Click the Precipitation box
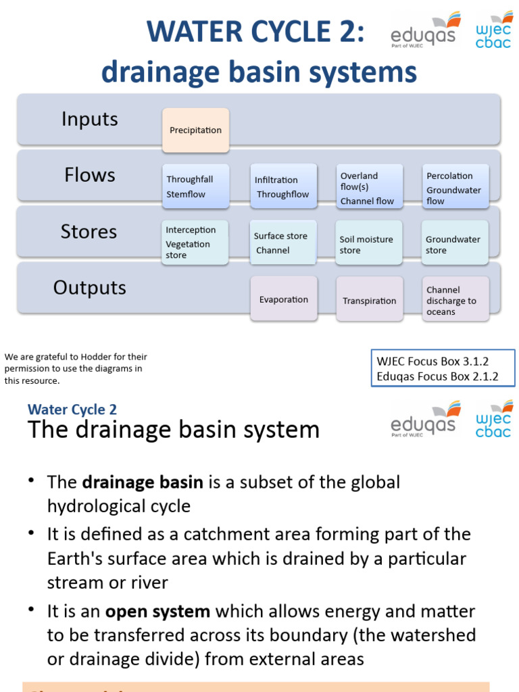click(195, 130)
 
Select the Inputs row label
click(89, 120)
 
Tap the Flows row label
click(89, 176)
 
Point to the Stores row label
click(89, 232)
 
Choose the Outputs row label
click(89, 288)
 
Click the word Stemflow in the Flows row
click(186, 195)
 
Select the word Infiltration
click(276, 180)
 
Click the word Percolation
click(449, 176)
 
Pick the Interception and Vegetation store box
click(195, 242)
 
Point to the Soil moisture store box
click(370, 244)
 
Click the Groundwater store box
click(455, 244)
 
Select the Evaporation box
click(284, 299)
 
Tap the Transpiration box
click(370, 301)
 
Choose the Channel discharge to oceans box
click(455, 300)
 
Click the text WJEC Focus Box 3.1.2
click(432, 362)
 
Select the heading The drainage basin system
click(173, 430)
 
